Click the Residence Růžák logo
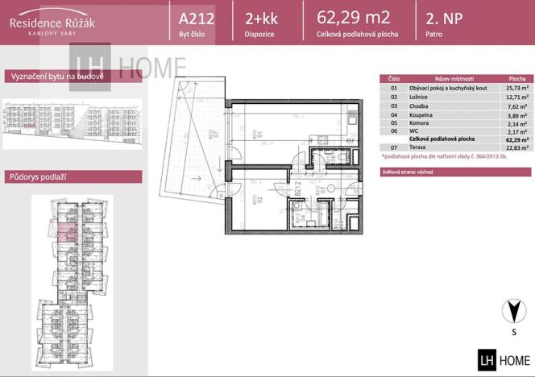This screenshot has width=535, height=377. pos(52,24)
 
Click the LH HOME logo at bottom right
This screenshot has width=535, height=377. pos(504,359)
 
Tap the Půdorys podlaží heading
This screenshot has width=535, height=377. pos(37,176)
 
